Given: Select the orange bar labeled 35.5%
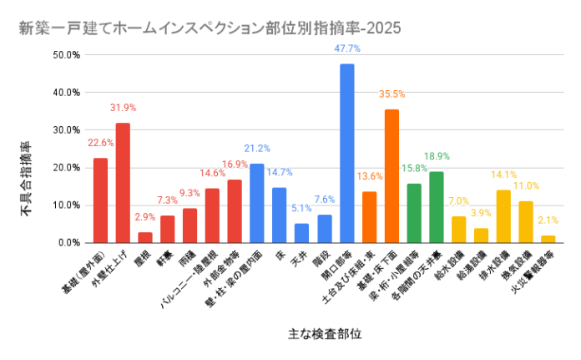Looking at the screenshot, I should [392, 175].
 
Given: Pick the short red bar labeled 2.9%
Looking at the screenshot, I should [145, 237].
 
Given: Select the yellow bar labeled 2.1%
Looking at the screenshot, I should [548, 239].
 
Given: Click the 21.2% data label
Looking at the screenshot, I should [257, 148].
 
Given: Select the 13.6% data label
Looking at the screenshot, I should [370, 176].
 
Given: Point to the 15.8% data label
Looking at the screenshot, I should [414, 168].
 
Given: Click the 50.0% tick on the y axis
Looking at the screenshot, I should [66, 55].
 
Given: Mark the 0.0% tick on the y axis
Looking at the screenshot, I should [68, 243].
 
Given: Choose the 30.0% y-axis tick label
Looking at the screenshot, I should [66, 130].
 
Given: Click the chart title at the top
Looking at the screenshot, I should [209, 28].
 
